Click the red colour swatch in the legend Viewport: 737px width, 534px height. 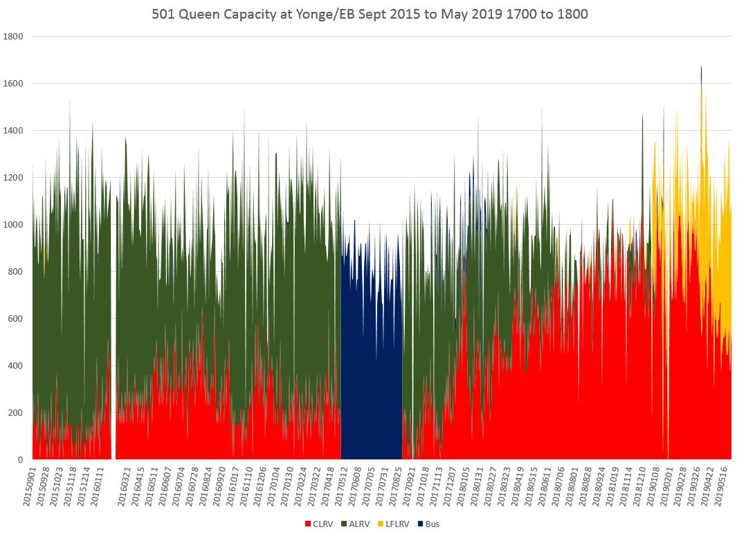pos(308,524)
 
